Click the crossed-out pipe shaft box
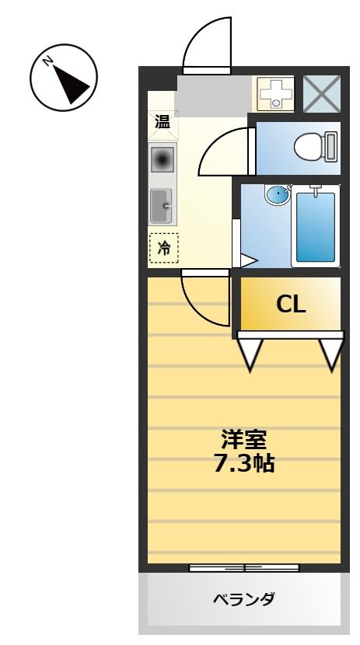coord(321,94)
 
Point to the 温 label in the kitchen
coord(163,121)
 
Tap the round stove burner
coord(163,160)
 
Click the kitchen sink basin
coord(162,206)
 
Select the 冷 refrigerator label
coord(163,248)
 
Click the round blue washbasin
coord(277,193)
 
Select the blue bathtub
coord(315,226)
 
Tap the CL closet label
coord(291,304)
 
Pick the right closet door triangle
coord(330,351)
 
